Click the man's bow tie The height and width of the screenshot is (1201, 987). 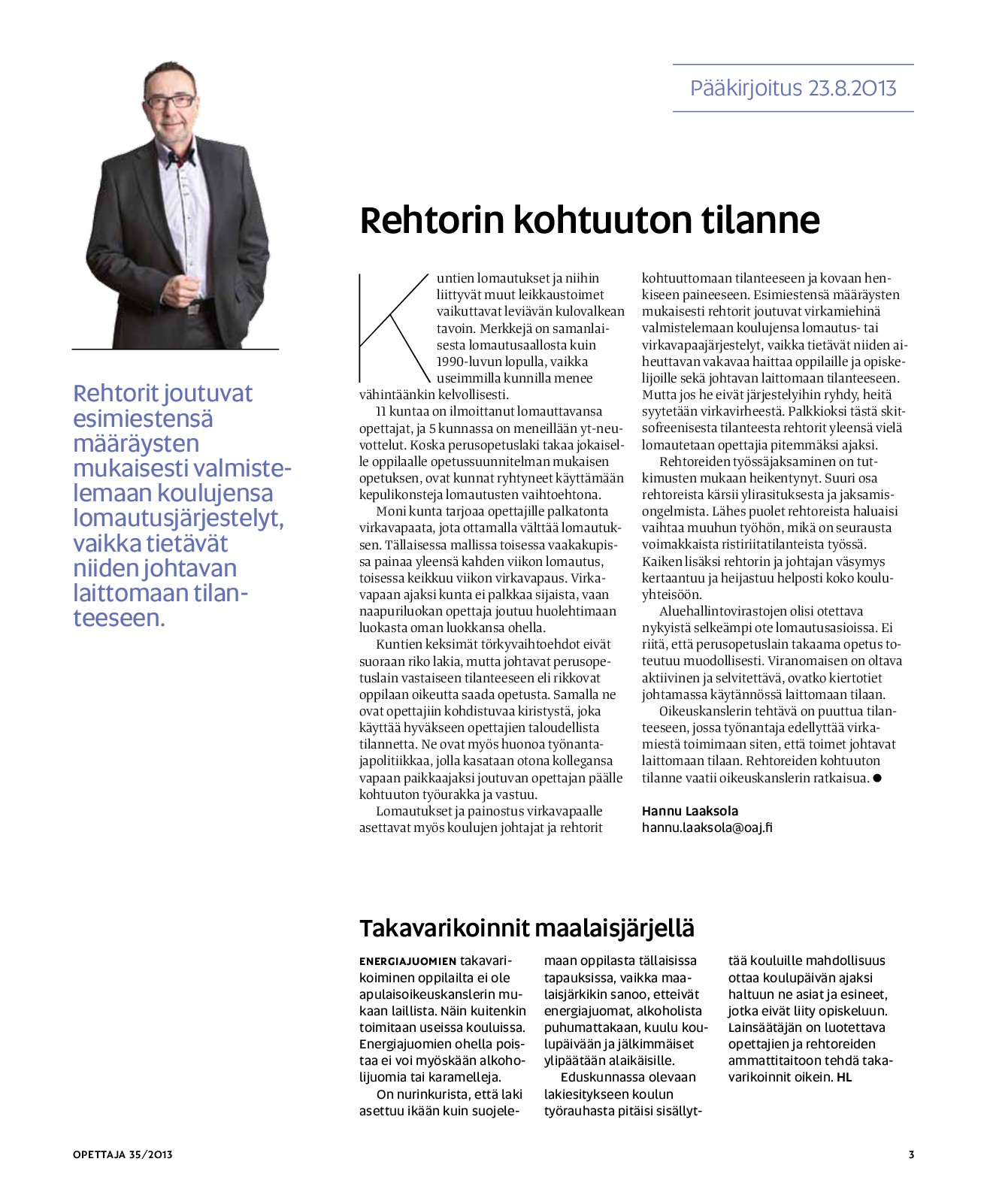pos(180,157)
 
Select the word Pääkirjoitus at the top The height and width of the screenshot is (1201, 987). pos(735,89)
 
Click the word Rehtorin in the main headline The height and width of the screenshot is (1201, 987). pos(431,220)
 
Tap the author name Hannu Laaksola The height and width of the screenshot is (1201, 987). pos(689,811)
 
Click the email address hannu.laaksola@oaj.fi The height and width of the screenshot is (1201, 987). pos(707,827)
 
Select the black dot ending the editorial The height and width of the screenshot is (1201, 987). pos(876,778)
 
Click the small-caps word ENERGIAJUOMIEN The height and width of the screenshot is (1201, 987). pos(407,961)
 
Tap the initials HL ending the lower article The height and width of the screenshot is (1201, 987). pos(844,1077)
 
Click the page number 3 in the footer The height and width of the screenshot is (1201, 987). pos(911,1154)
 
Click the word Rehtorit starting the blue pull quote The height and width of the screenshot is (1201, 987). pos(116,393)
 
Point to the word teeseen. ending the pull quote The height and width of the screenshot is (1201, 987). pos(119,618)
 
